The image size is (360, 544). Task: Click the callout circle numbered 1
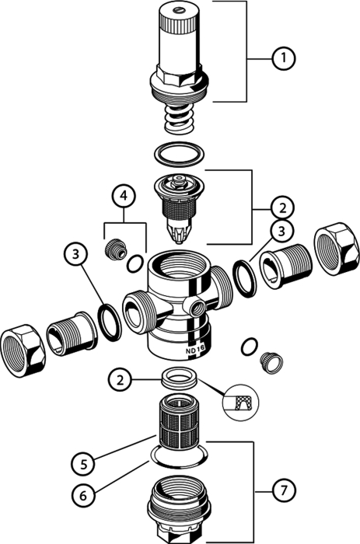pos(284,58)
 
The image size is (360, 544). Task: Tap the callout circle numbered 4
pos(124,196)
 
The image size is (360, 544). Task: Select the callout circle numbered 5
pos(84,464)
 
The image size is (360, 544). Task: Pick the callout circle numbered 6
pos(84,496)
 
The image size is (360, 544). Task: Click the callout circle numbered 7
pos(284,491)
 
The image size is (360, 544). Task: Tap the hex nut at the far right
pos(336,249)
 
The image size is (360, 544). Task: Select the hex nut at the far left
pos(23,350)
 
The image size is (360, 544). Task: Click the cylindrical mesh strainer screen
pos(179,423)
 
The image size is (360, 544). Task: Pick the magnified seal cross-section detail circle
pos(240,402)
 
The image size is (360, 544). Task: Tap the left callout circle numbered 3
pos(75,254)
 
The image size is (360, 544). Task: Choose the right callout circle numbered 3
pos(281,232)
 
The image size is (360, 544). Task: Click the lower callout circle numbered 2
pos(120,380)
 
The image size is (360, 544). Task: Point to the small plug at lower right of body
pos(271,363)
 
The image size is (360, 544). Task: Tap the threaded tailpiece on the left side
pos(72,333)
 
